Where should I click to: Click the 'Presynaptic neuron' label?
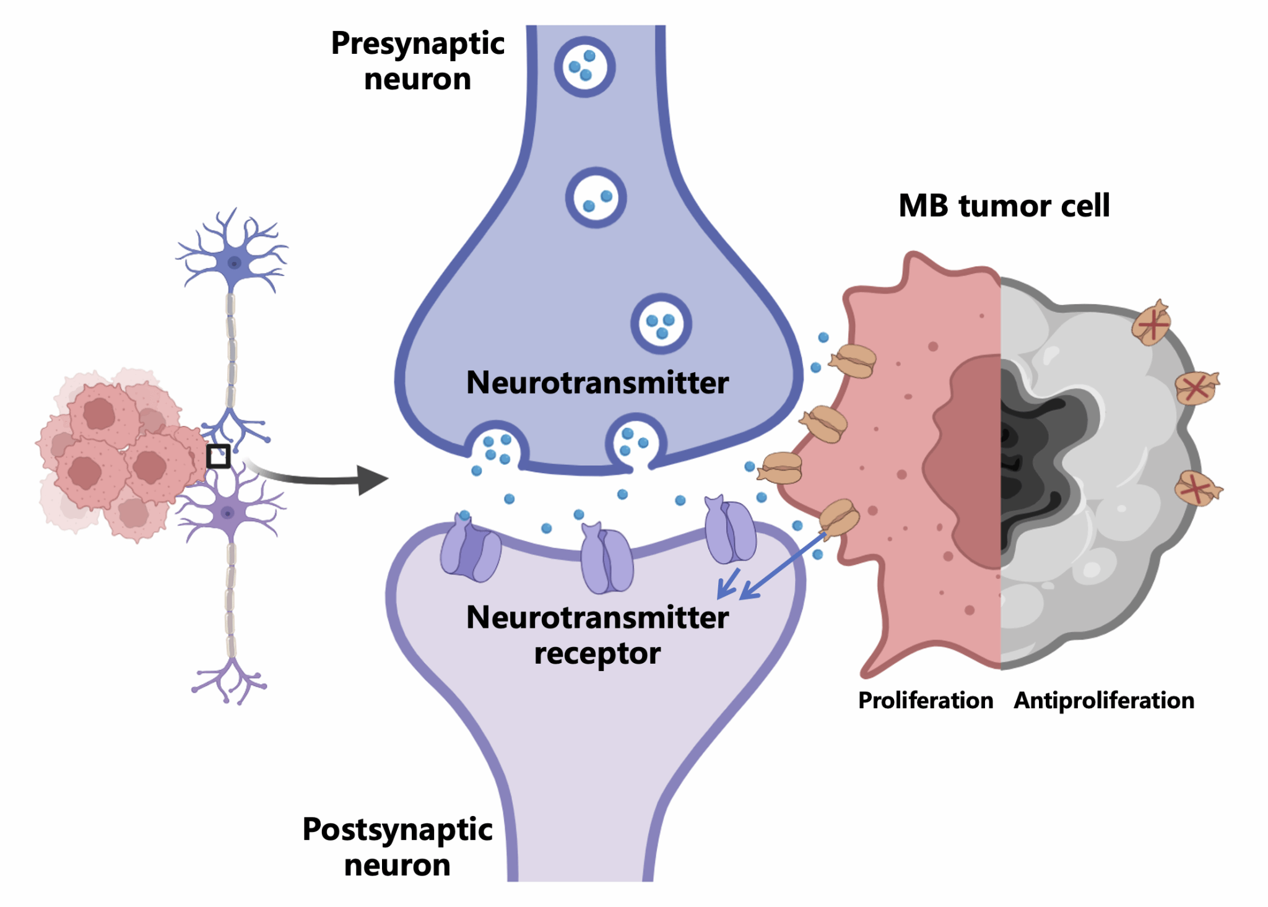coord(418,61)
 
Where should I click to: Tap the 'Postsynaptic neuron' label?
coord(397,846)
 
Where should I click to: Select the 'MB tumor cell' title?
coord(1004,206)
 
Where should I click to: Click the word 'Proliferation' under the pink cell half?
coord(925,700)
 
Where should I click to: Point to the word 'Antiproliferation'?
coord(1104,700)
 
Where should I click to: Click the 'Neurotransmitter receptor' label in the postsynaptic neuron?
coord(597,635)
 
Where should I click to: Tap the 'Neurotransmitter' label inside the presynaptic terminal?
coord(597,383)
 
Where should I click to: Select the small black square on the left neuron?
coord(218,456)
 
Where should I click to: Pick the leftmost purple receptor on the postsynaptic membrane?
coord(471,549)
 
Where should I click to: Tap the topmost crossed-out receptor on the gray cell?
coord(1152,323)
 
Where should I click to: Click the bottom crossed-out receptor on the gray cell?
coord(1197,489)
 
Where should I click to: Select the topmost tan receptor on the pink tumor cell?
coord(854,361)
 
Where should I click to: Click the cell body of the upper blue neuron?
coord(234,263)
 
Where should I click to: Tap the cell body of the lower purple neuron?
coord(228,513)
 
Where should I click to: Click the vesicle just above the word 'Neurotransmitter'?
coord(661,324)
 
